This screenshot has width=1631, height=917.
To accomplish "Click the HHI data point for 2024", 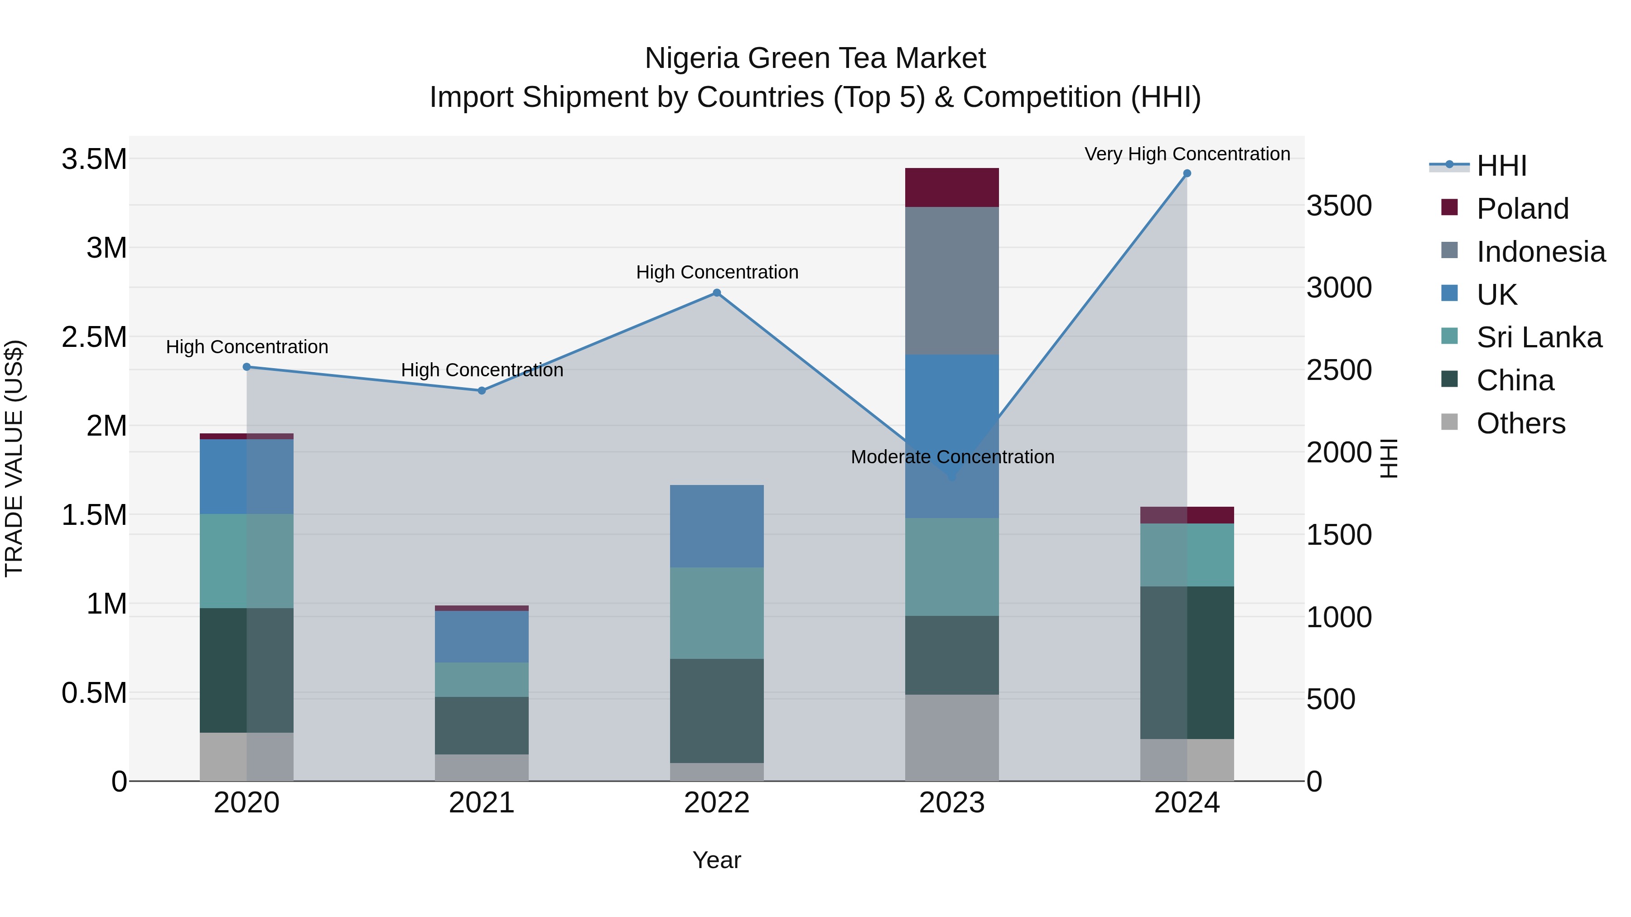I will point(1187,173).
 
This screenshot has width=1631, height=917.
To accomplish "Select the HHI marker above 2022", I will point(717,293).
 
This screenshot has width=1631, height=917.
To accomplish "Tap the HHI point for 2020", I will point(247,367).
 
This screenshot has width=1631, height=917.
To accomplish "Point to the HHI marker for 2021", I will point(482,390).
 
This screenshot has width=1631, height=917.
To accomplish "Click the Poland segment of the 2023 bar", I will point(951,187).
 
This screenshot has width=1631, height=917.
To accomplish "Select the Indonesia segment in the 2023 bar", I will point(951,280).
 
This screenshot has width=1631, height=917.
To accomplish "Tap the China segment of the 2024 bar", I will point(1187,662).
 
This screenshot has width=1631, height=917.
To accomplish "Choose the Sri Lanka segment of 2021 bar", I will point(482,680).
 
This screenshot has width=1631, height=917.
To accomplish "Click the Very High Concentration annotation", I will point(1187,154).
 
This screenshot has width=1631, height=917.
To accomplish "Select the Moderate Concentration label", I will point(951,457).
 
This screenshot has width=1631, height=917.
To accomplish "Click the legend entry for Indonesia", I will point(1540,251).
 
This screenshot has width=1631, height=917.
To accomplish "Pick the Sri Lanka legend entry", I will point(1539,337).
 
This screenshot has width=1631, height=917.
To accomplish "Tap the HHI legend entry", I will point(1501,166).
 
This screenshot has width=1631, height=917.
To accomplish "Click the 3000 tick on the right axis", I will point(1338,288).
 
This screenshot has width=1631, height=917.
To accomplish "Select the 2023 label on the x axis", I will point(951,803).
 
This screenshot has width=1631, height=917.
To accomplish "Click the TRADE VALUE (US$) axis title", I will point(14,458).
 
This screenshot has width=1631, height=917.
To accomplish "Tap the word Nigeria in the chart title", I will point(692,58).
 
